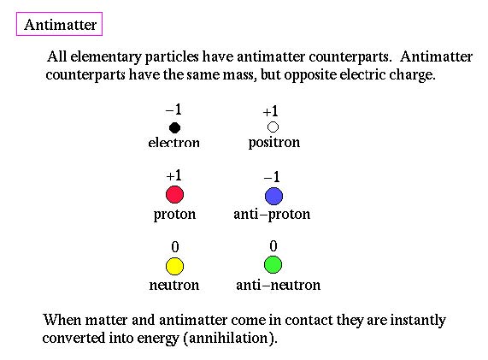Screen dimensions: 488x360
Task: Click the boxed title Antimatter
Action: (60, 25)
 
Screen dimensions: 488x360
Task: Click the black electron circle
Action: (174, 127)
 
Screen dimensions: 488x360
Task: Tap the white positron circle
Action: (273, 127)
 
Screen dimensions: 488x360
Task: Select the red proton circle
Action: (174, 195)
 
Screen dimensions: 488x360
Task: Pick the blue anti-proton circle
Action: (273, 196)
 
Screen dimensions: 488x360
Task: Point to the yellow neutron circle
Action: (174, 266)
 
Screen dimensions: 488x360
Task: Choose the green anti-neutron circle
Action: (273, 265)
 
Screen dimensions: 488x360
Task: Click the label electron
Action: (174, 143)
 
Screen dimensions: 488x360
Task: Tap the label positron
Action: (274, 143)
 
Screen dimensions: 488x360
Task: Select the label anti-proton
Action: (272, 215)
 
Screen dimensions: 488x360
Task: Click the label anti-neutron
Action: (279, 285)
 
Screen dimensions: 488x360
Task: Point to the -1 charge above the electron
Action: (173, 109)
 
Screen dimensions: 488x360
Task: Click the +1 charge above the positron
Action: (270, 111)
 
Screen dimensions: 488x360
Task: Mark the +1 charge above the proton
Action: (173, 175)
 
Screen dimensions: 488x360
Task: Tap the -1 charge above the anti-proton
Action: (272, 177)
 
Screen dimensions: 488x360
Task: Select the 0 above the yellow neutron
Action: (175, 247)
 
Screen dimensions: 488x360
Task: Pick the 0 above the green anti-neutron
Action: (273, 246)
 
